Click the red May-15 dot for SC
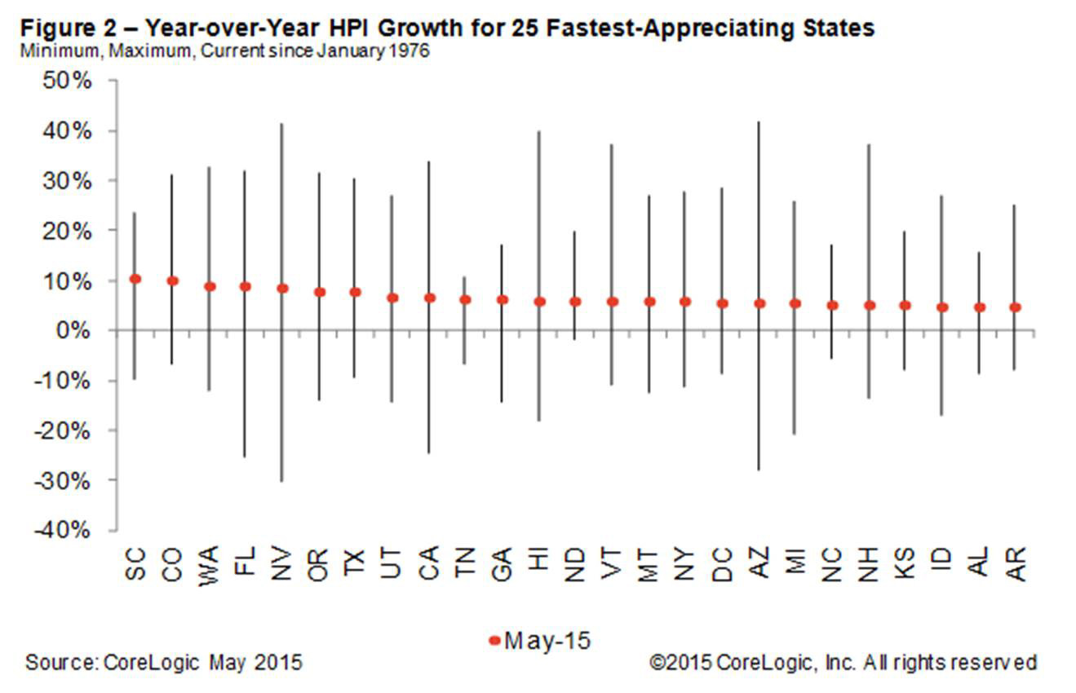coord(135,279)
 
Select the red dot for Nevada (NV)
coord(282,288)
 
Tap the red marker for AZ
coord(759,303)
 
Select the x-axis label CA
coord(429,562)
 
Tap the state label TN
coord(466,562)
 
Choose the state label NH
coord(870,562)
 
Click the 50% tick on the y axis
coord(73,82)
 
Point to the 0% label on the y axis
coord(80,330)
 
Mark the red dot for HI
coord(539,301)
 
